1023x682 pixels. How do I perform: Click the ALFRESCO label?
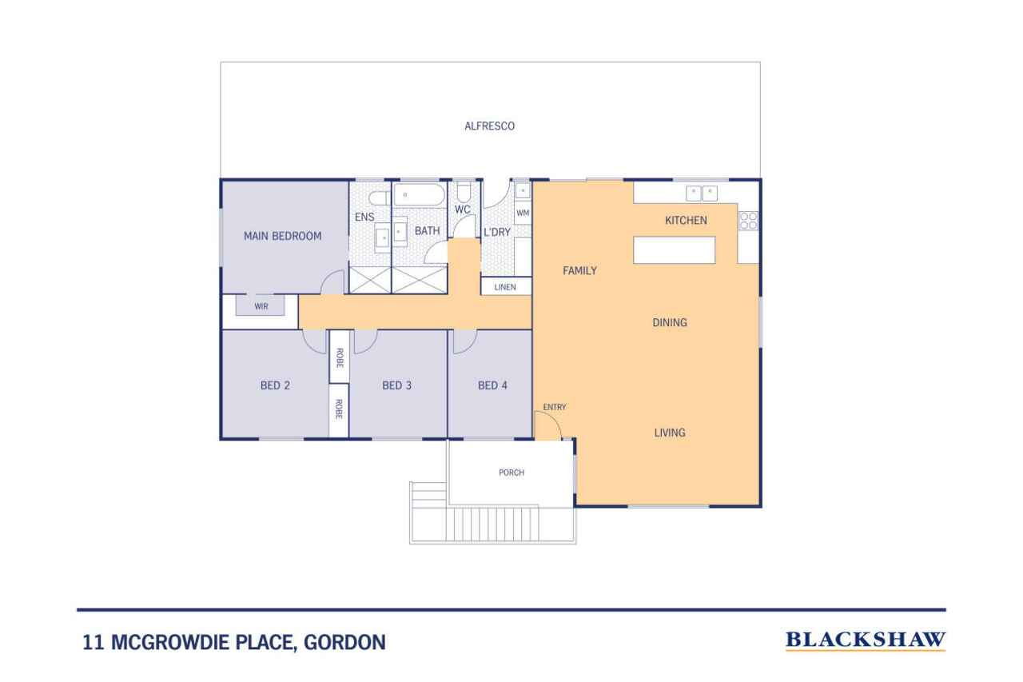[x=489, y=126]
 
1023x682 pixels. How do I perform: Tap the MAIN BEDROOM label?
[x=282, y=236]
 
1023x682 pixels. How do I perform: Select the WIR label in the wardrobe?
[x=261, y=306]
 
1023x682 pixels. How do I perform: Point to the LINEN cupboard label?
[x=505, y=287]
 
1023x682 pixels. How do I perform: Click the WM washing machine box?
[x=523, y=213]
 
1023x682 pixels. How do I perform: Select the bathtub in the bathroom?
[x=419, y=194]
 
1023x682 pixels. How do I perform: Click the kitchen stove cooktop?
[x=748, y=220]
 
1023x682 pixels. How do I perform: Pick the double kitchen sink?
[x=702, y=193]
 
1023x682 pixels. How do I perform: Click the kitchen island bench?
[x=674, y=250]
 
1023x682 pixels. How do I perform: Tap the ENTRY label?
[x=555, y=407]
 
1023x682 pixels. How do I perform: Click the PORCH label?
[x=511, y=473]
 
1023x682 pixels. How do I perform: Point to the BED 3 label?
[x=397, y=385]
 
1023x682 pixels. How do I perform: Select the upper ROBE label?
[x=340, y=357]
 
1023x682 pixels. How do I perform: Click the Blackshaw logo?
[x=866, y=640]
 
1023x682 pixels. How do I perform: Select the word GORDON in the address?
[x=344, y=642]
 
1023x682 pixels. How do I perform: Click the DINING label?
[x=670, y=323]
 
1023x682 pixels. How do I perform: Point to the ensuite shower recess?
[x=370, y=281]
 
